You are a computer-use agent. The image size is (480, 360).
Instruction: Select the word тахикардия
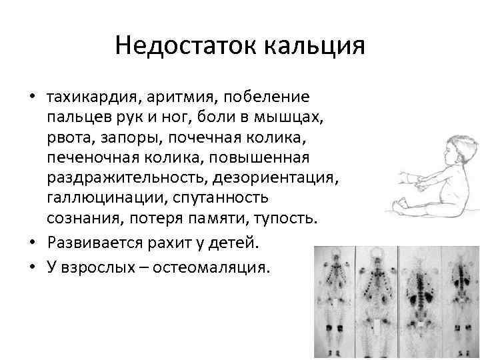90,98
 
